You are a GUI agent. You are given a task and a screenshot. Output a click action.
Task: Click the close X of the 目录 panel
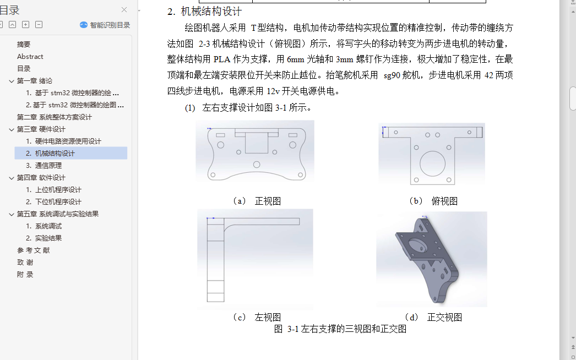[x=124, y=10]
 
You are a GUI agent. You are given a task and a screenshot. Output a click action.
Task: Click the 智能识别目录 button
[x=105, y=25]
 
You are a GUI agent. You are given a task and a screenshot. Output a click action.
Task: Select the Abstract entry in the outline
[x=30, y=57]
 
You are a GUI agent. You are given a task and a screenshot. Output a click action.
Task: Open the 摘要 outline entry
[x=24, y=45]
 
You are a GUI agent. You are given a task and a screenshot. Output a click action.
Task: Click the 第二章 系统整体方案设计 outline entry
[x=55, y=117]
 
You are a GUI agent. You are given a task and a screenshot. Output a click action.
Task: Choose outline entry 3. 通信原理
[x=44, y=166]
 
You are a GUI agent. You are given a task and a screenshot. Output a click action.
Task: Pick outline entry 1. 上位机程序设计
[x=53, y=190]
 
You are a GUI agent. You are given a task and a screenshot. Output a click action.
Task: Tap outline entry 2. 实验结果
[x=44, y=238]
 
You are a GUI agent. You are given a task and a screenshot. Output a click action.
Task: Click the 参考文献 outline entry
[x=33, y=250]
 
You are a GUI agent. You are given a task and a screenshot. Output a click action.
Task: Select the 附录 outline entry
[x=25, y=275]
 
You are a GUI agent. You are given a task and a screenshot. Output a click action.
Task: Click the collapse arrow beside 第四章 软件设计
[x=12, y=178]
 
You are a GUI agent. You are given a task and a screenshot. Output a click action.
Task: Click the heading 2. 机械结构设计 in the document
[x=205, y=12]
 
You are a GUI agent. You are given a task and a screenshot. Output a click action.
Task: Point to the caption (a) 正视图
[x=257, y=201]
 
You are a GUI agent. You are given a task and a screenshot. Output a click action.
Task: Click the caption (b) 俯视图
[x=433, y=201]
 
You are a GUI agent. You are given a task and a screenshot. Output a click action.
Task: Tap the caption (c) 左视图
[x=257, y=317]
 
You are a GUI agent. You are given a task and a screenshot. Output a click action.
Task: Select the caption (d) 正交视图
[x=433, y=317]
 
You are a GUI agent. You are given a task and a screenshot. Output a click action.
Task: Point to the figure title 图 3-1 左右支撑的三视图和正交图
[x=340, y=329]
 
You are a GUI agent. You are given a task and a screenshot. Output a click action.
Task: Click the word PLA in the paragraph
[x=222, y=59]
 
